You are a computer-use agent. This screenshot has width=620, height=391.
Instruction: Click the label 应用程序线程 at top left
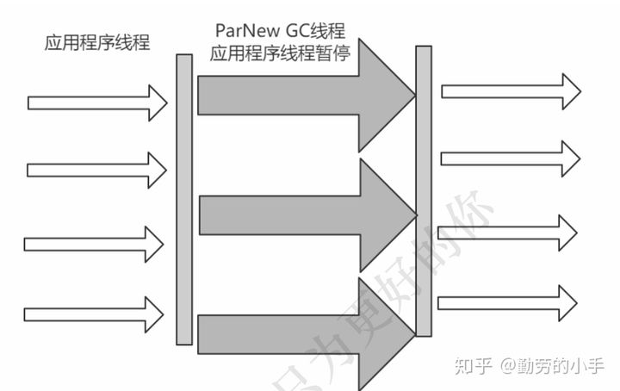[x=97, y=42]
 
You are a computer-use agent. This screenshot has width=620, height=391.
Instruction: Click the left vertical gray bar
[x=184, y=199]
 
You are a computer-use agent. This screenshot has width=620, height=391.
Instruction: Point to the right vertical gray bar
[x=423, y=190]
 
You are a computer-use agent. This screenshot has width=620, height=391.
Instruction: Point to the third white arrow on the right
[x=508, y=233]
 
